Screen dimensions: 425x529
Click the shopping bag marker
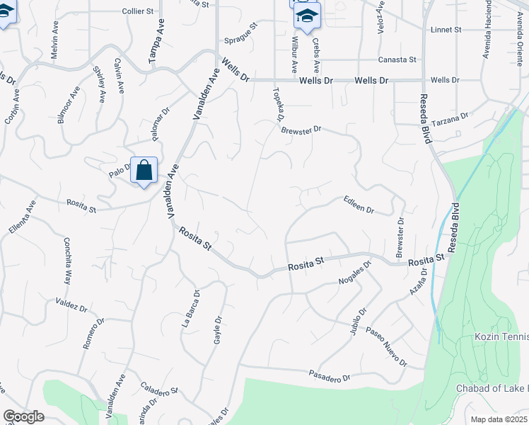click(144, 171)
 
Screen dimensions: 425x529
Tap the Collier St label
click(137, 11)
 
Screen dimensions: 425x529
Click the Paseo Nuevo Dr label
click(386, 346)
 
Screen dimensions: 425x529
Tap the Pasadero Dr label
click(330, 375)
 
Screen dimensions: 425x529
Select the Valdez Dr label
click(71, 305)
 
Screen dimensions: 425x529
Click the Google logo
click(24, 416)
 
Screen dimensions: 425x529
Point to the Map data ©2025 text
click(498, 419)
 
